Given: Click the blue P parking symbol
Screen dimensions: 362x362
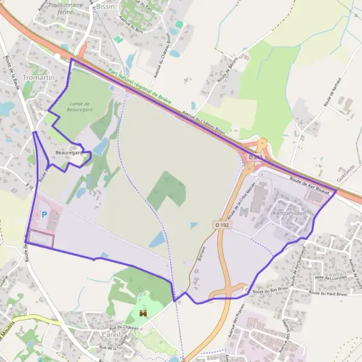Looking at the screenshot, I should click(44, 214).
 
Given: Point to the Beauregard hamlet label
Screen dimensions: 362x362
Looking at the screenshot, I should click(68, 153).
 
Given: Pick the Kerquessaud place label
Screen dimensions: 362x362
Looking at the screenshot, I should click(290, 214).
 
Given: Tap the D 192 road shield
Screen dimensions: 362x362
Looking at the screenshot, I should click(222, 225).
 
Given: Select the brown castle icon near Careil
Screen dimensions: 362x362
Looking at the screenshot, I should click(144, 314).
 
